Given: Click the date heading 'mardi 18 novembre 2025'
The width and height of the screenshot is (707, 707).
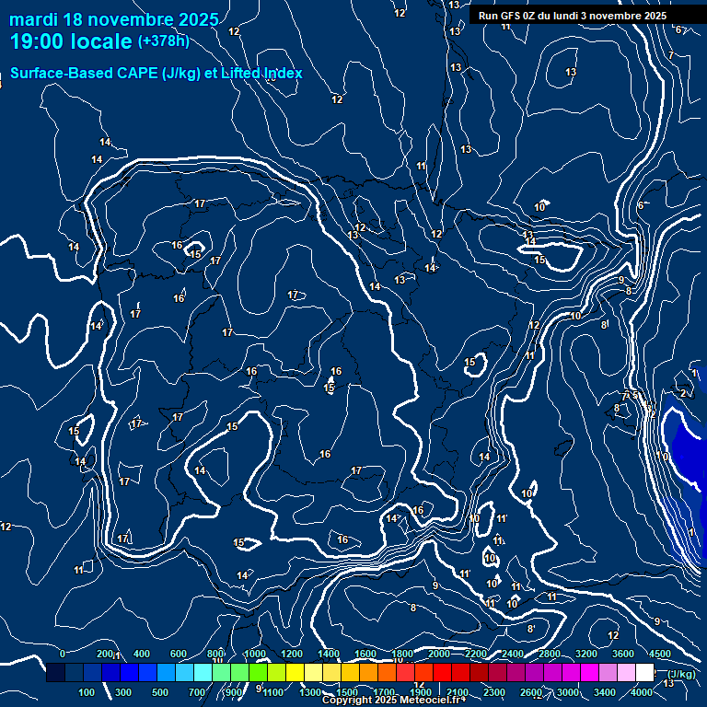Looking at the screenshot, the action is click(x=114, y=19).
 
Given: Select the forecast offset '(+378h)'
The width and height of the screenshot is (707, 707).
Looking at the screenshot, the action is click(x=163, y=41).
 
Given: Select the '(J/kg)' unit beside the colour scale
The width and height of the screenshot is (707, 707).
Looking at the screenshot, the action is click(x=680, y=674).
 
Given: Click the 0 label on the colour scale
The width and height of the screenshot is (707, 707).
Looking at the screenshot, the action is click(x=63, y=654).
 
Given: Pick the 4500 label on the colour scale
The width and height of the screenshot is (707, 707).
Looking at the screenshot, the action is click(x=660, y=654).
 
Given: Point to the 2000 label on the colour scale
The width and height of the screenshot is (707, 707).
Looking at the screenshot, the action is click(x=439, y=654).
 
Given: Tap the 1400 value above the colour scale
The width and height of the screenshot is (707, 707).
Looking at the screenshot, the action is click(x=329, y=654).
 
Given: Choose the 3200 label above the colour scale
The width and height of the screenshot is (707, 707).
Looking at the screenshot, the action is click(x=586, y=654).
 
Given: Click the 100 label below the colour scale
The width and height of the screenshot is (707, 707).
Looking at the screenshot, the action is click(x=87, y=692).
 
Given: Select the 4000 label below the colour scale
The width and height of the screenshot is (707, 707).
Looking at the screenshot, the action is click(x=642, y=692).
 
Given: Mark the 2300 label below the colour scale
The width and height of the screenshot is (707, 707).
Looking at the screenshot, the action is click(x=494, y=692).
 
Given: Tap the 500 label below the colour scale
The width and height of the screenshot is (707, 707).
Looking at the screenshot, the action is click(x=161, y=692).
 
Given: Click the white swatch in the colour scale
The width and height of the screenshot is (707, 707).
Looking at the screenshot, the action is click(x=644, y=673).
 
